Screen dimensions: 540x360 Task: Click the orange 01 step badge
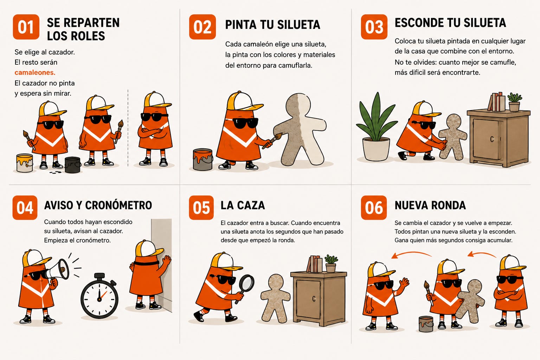point(26,27)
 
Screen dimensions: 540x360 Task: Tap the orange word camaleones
point(35,72)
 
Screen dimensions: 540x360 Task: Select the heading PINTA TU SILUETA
point(273,25)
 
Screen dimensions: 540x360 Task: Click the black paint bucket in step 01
point(73,165)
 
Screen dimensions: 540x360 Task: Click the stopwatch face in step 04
point(99,299)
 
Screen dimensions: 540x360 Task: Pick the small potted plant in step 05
point(331,263)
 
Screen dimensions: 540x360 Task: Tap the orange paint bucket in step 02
point(203,159)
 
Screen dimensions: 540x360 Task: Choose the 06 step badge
point(374,208)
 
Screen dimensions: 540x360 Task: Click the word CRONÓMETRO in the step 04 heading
point(118,205)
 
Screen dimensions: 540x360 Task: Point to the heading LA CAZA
point(243,205)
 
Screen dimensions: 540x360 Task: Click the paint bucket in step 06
point(426,324)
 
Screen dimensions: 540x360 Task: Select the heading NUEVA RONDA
point(430,205)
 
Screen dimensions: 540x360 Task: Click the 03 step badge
point(374,27)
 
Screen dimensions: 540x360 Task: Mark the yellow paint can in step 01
point(25,163)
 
